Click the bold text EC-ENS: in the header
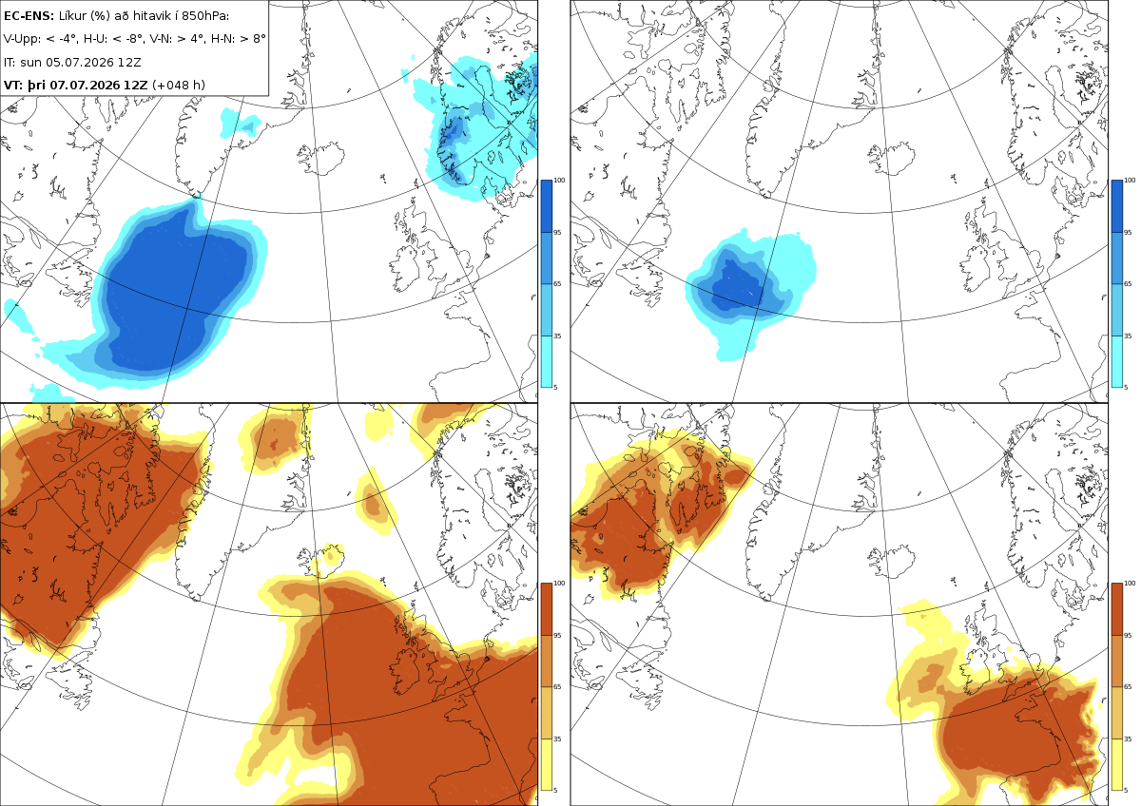click(x=29, y=16)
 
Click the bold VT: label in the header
click(x=13, y=85)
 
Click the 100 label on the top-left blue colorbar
click(x=559, y=181)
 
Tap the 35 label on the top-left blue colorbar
click(x=557, y=336)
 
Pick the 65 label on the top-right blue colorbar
click(x=1128, y=283)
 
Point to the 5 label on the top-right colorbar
click(x=1126, y=388)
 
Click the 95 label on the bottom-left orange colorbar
click(x=557, y=636)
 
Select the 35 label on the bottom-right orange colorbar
click(x=1128, y=739)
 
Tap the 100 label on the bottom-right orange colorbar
click(x=1130, y=584)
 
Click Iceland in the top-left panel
click(x=321, y=159)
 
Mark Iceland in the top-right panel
click(x=892, y=159)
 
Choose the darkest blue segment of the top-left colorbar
click(x=546, y=206)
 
